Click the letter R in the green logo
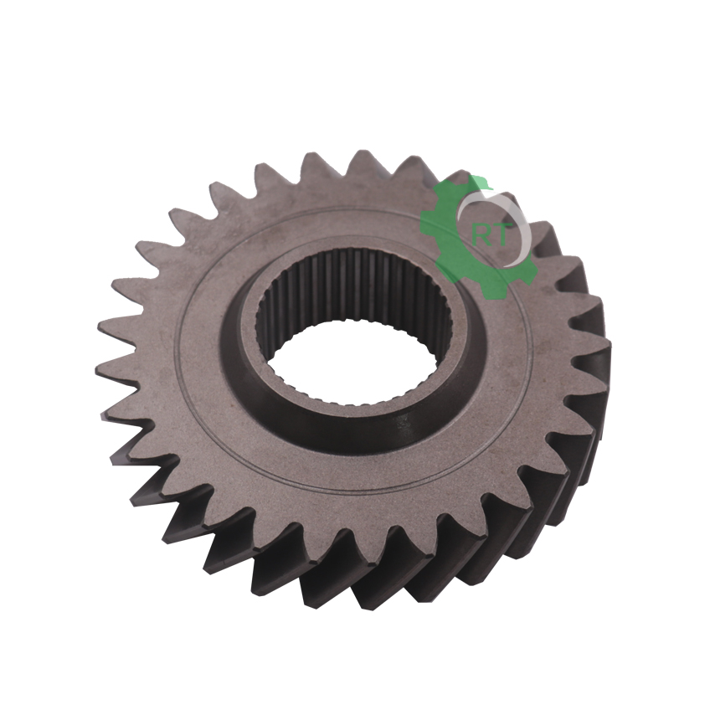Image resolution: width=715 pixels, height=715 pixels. [481, 234]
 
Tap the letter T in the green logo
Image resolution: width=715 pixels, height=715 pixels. [499, 234]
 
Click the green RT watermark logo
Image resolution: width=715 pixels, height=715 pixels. [479, 237]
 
